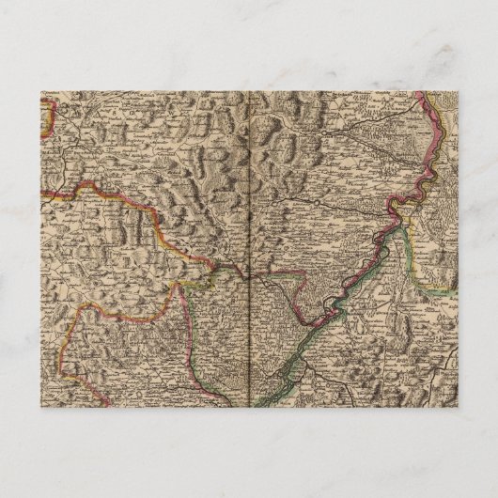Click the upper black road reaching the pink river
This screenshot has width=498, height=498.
click(376, 127)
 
